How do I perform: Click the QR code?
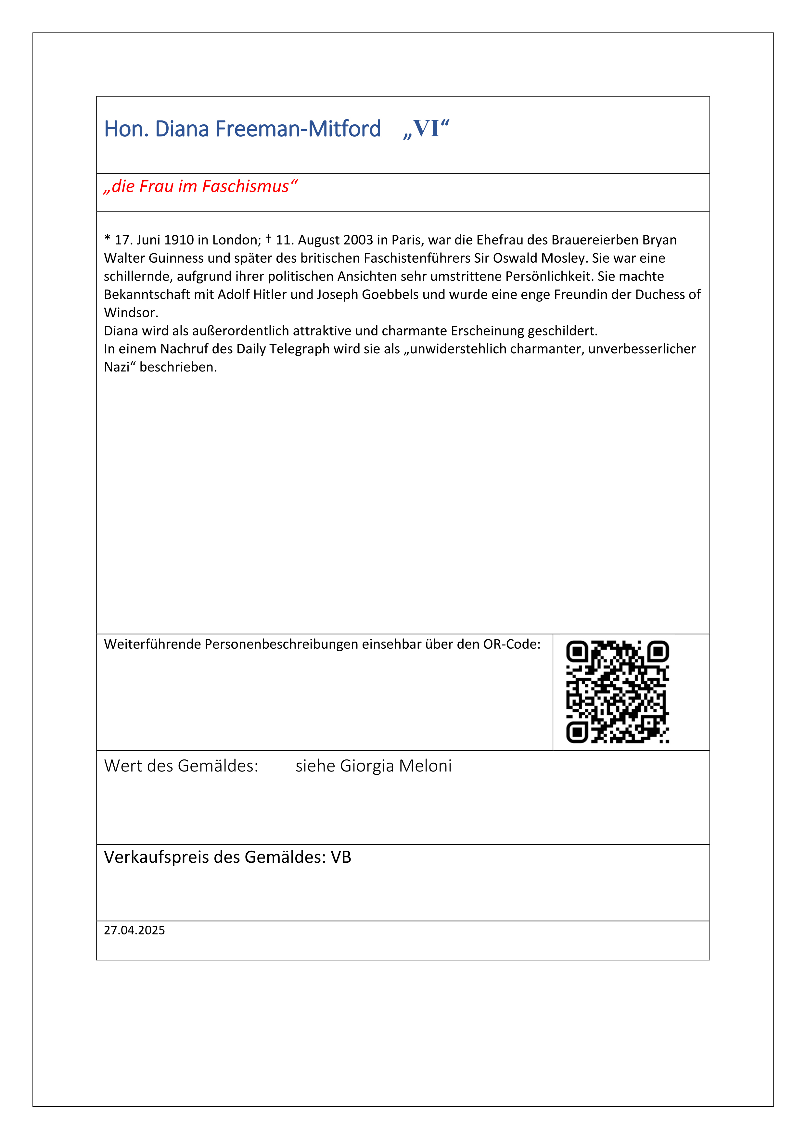tap(617, 692)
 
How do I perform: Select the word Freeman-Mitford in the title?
tap(298, 129)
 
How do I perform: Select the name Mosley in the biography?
tap(562, 258)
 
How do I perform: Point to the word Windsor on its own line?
tap(130, 313)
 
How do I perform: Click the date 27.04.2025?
tap(134, 930)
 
